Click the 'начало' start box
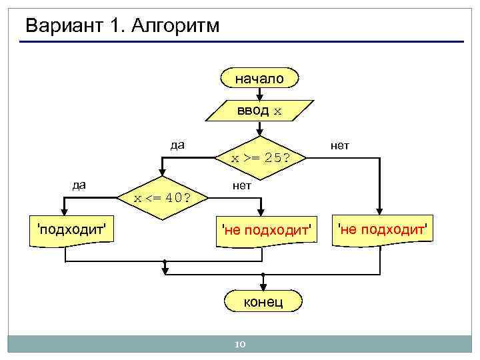tap(259, 78)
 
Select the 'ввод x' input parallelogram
tap(259, 111)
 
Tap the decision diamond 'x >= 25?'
tap(259, 159)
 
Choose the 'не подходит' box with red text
tap(267, 230)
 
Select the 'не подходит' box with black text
tap(382, 230)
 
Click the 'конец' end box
tap(263, 301)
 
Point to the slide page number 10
tap(240, 344)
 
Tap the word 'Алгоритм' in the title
tap(176, 27)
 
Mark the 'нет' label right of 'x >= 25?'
tap(339, 145)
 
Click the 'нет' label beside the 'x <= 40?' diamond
tap(242, 185)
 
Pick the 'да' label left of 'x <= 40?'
tap(79, 185)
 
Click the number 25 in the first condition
tap(272, 159)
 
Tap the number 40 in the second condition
tap(175, 198)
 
